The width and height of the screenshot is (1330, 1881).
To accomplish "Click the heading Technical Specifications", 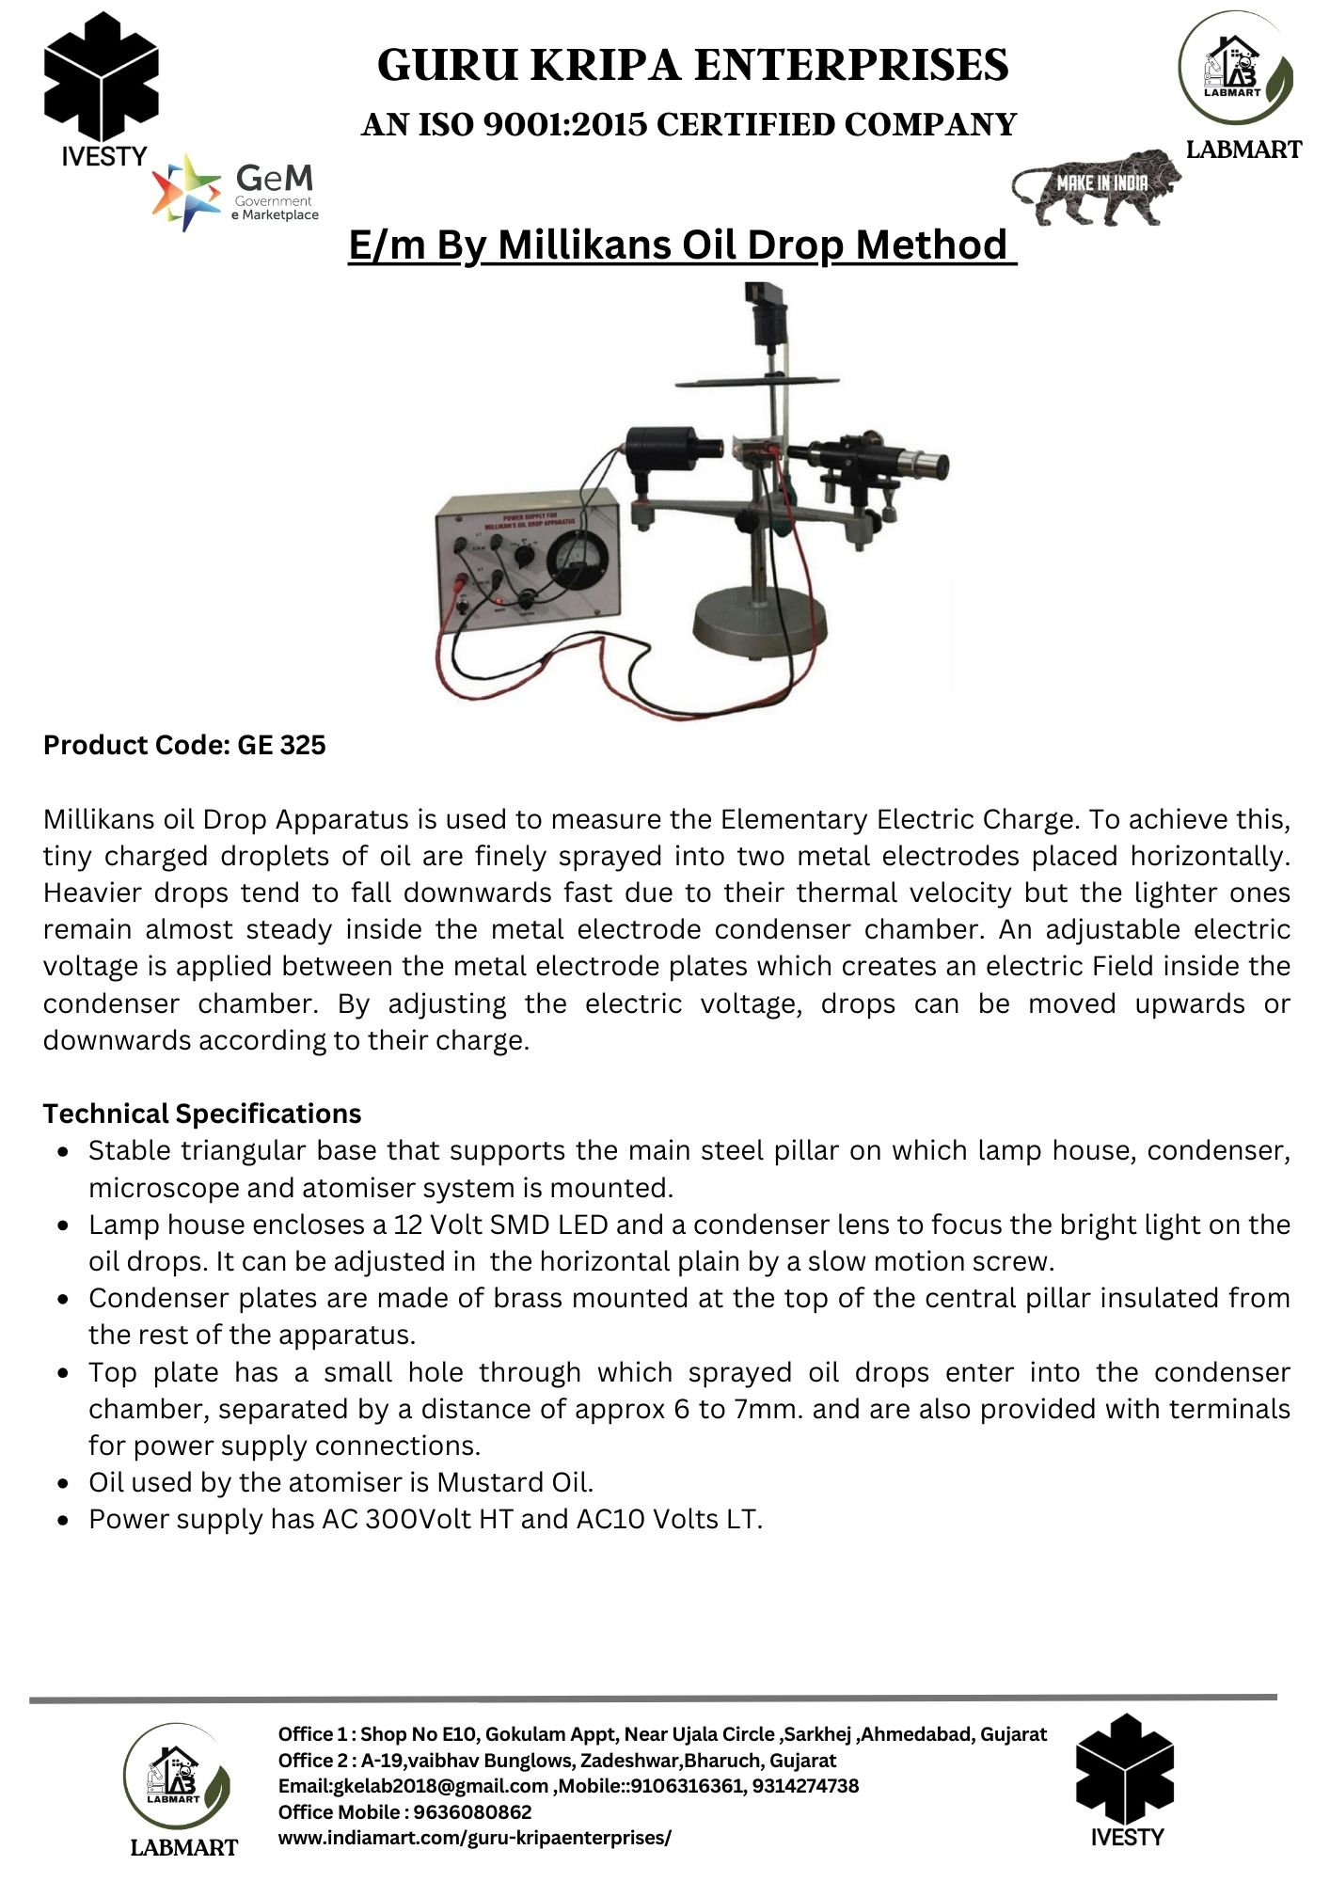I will pyautogui.click(x=202, y=1114).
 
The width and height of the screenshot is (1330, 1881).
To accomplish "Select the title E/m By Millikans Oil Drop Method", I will pyautogui.click(x=682, y=245).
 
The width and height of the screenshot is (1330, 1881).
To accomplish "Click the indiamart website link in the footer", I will pyautogui.click(x=475, y=1838).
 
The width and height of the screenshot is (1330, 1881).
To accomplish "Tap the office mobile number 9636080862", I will pyautogui.click(x=473, y=1811).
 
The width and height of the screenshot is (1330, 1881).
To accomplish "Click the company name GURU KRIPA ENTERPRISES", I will pyautogui.click(x=693, y=66).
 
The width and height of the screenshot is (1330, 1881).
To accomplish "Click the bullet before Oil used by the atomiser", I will pyautogui.click(x=62, y=1483).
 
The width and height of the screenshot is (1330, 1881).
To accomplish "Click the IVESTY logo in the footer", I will pyautogui.click(x=1126, y=1782).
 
